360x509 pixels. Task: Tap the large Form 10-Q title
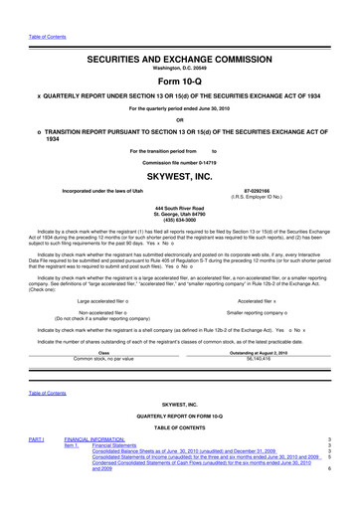point(180,56)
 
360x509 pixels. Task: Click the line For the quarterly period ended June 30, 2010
point(180,96)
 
